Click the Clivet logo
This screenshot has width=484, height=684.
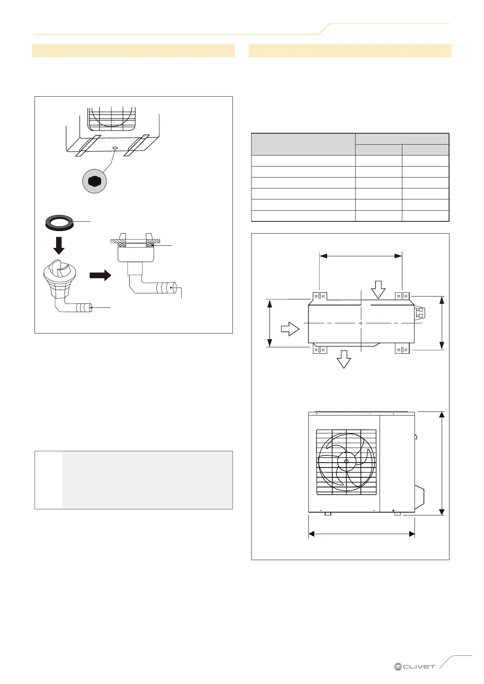[415, 667]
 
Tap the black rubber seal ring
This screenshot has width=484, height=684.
[59, 223]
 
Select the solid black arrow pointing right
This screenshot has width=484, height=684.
[100, 275]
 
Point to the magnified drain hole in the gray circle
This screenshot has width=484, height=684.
[94, 182]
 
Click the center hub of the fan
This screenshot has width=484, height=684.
[346, 461]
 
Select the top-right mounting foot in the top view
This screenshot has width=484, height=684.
[402, 297]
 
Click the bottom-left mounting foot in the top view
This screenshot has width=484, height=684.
[320, 349]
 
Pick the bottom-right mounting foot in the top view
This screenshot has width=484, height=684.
[402, 349]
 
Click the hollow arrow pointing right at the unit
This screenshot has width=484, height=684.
[290, 329]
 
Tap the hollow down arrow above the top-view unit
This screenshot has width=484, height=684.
[378, 289]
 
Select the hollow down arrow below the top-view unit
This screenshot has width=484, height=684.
[344, 359]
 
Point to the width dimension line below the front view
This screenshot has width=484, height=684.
[362, 534]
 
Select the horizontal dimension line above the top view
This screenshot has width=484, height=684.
[361, 256]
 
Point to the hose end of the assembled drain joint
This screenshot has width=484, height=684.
[172, 288]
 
